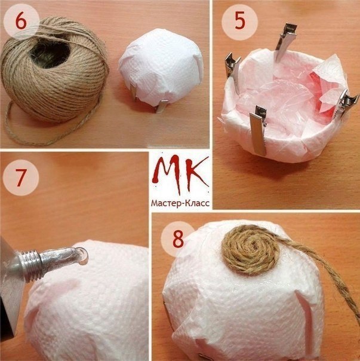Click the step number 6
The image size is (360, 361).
(x=21, y=22)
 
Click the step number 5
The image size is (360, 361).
(x=239, y=22)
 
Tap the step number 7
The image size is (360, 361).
(x=20, y=178)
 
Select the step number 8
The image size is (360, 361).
(x=178, y=239)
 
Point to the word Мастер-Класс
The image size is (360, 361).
(x=180, y=203)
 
